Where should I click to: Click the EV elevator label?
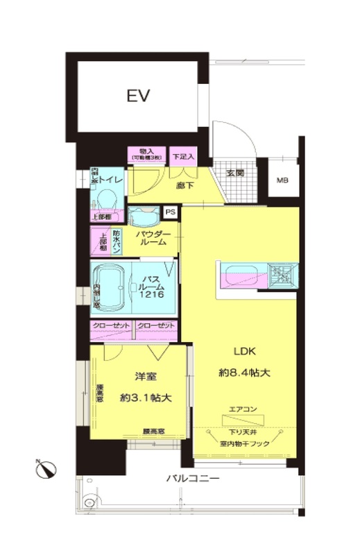click(139, 96)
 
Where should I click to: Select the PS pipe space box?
click(169, 213)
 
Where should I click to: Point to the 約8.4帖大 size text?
click(243, 373)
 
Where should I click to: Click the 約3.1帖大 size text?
click(145, 398)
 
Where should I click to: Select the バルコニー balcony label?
click(193, 479)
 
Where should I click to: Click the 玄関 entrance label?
click(234, 173)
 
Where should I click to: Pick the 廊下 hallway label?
click(184, 186)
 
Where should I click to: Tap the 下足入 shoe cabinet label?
click(184, 155)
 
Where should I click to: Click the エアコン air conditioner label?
click(243, 410)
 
